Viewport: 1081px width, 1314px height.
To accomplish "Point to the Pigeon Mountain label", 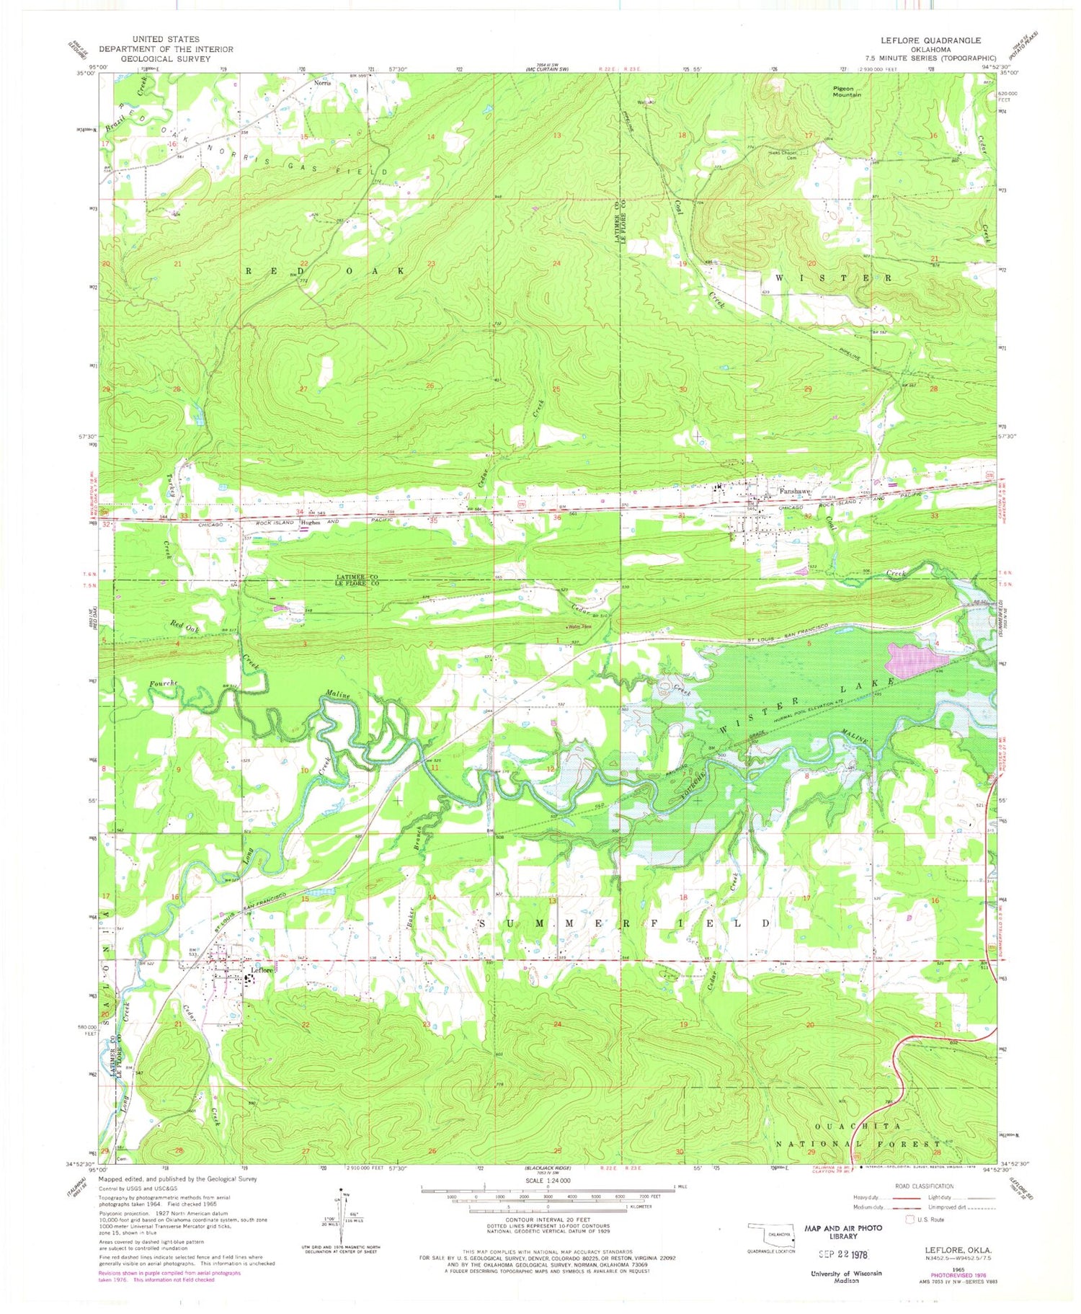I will [x=847, y=91].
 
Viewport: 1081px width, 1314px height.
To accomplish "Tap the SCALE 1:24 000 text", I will [x=546, y=1181].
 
